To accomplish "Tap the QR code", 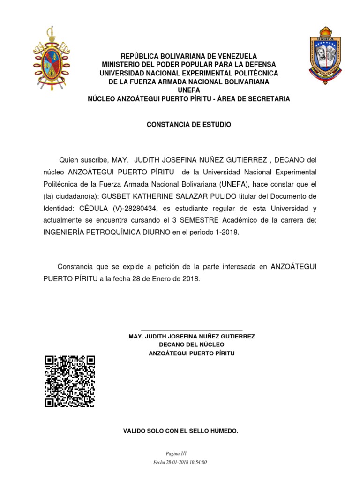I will (70, 382).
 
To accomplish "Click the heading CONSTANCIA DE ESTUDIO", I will (189, 125).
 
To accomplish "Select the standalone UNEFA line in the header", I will (189, 90).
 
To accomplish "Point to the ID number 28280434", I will (142, 208).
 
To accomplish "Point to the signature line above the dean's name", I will (192, 331).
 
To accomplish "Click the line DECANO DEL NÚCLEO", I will (192, 345).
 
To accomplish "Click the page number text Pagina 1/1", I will (180, 454).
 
